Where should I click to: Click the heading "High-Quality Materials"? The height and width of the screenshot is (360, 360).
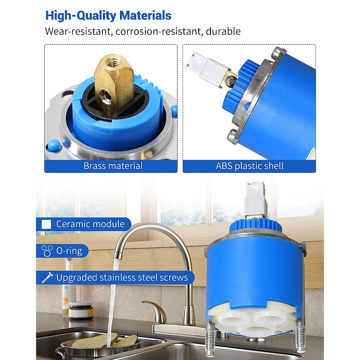click(x=108, y=16)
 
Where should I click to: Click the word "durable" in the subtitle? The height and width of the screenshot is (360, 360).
click(x=223, y=31)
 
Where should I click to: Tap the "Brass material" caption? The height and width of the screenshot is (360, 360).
click(x=113, y=166)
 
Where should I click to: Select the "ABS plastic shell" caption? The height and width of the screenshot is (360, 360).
click(x=250, y=166)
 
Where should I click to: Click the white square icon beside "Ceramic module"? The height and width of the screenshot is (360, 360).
click(x=46, y=224)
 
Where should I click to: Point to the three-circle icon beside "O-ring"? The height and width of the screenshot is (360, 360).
click(x=47, y=251)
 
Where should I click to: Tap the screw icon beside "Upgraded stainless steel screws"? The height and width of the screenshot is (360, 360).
click(x=47, y=277)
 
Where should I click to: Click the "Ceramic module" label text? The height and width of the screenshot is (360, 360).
click(x=90, y=224)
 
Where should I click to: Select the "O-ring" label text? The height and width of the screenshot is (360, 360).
click(x=69, y=251)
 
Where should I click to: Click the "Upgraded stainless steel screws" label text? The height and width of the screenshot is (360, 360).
click(x=122, y=277)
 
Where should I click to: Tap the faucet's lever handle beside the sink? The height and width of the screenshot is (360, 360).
click(x=155, y=310)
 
